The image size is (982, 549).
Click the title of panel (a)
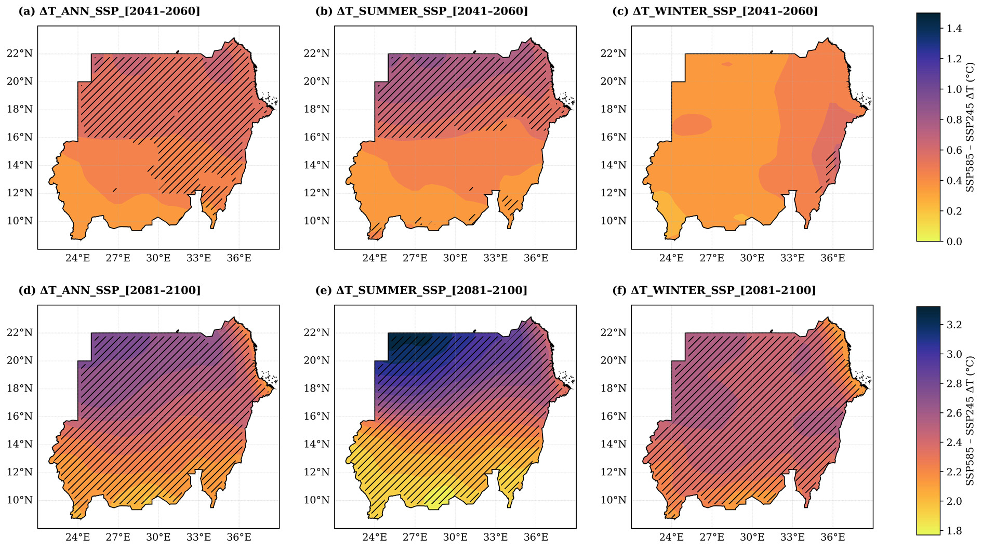click(x=109, y=11)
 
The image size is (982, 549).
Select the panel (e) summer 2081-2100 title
click(x=421, y=290)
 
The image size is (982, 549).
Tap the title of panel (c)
click(x=715, y=11)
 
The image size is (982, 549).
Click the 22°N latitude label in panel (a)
click(x=19, y=53)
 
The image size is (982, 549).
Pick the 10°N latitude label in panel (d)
click(x=19, y=500)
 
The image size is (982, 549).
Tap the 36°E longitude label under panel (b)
click(x=536, y=258)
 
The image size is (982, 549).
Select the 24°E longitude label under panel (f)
click(x=671, y=537)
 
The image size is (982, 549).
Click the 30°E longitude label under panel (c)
click(x=752, y=258)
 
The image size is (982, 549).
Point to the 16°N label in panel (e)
click(x=316, y=417)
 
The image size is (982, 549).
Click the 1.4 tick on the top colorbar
click(x=954, y=29)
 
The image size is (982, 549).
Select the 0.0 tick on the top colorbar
click(x=954, y=242)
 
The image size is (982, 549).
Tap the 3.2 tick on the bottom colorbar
click(x=954, y=325)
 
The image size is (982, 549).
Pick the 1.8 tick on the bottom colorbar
click(x=954, y=531)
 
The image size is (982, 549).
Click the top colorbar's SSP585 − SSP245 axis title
click(x=970, y=127)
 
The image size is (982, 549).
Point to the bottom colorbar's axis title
click(x=970, y=421)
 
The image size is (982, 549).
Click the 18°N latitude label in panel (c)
click(x=614, y=110)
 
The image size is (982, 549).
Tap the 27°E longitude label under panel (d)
click(x=118, y=537)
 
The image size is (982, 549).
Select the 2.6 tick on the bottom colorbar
click(x=954, y=413)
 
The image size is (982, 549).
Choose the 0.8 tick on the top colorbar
click(x=954, y=120)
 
